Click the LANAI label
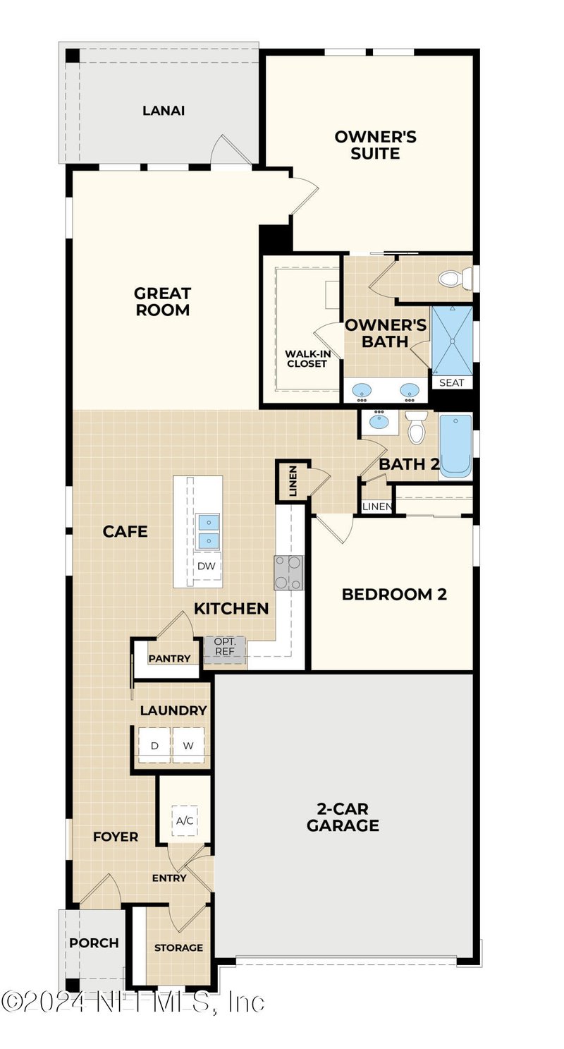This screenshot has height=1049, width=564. [x=164, y=111]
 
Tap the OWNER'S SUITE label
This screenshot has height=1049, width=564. [x=375, y=145]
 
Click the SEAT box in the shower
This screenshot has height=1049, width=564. [x=452, y=382]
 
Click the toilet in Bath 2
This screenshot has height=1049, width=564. [x=417, y=428]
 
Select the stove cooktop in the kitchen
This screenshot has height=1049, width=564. [x=288, y=572]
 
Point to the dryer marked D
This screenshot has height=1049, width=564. [x=154, y=746]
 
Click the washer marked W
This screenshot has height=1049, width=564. [x=188, y=746]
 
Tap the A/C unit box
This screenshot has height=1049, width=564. [x=185, y=820]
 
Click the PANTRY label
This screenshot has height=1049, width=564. [x=169, y=659]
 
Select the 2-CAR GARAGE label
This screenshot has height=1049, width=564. [x=343, y=818]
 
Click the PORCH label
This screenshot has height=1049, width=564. [x=94, y=943]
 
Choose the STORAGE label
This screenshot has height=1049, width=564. [x=178, y=947]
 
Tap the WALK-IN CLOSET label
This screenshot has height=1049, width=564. [x=306, y=358]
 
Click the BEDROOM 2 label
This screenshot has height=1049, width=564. [x=394, y=594]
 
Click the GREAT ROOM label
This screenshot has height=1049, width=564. [x=163, y=301]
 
